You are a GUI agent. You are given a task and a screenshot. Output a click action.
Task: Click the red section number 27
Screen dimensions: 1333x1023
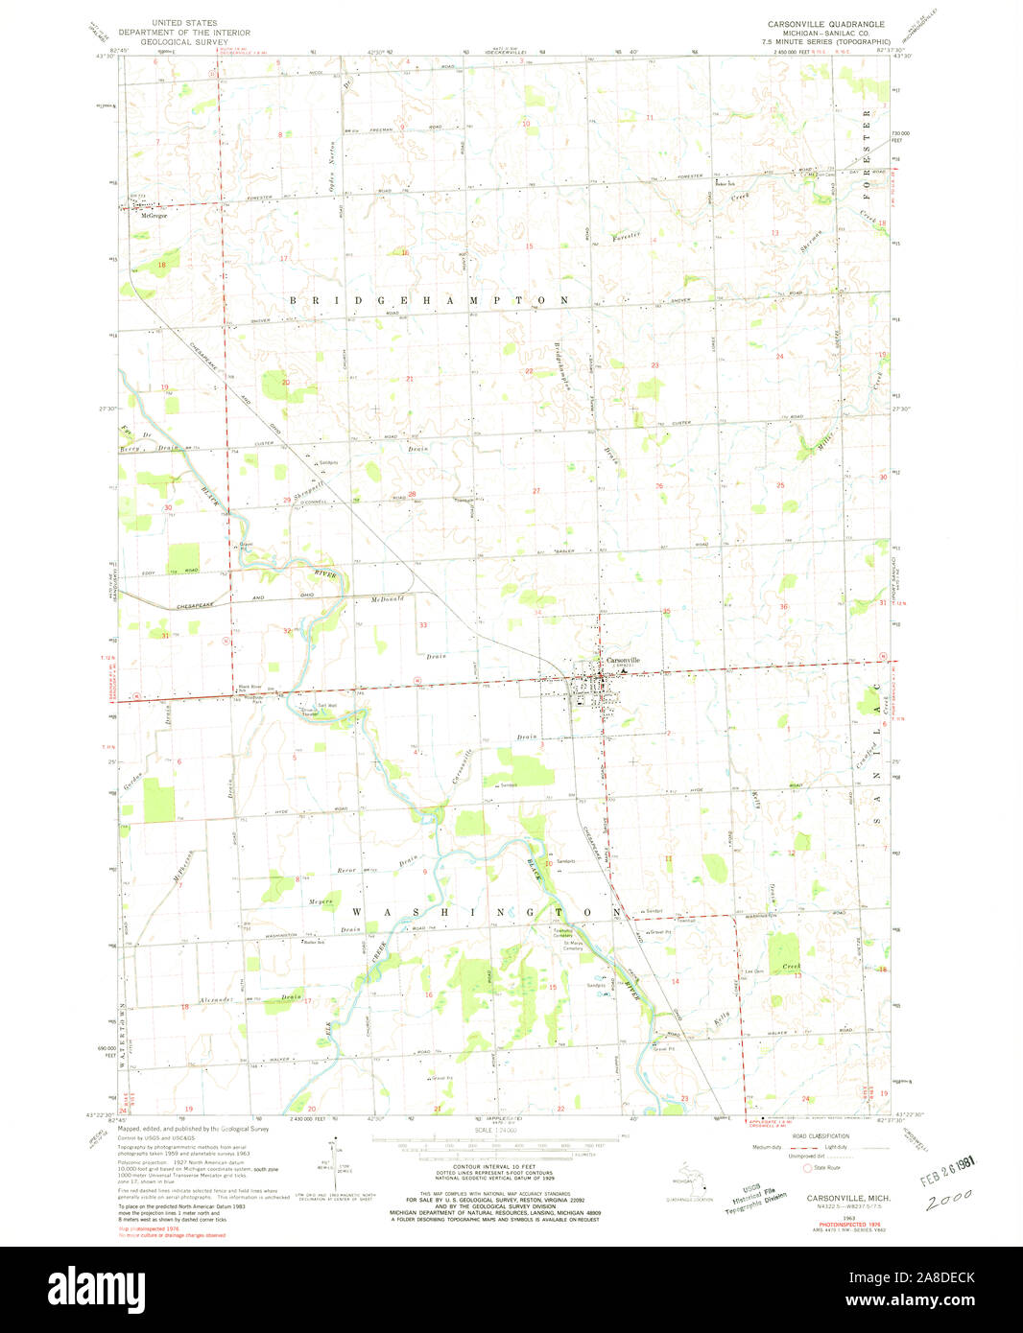tap(536, 491)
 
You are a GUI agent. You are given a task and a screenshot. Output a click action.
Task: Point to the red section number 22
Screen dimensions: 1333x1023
tap(529, 371)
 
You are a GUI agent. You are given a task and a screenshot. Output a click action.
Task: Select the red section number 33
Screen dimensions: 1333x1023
tap(422, 625)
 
